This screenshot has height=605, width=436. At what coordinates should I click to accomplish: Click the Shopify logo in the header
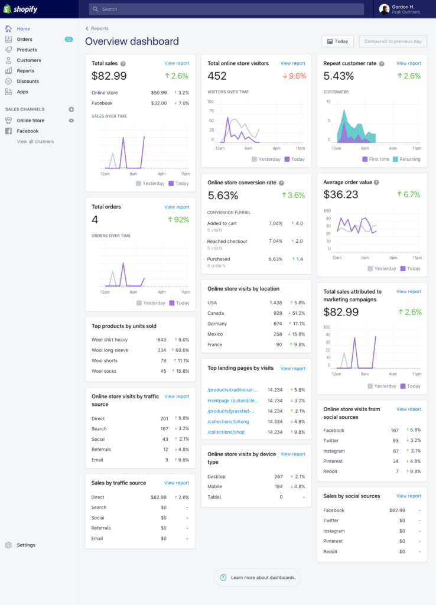(x=21, y=9)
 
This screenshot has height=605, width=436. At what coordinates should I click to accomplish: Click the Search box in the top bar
(x=226, y=9)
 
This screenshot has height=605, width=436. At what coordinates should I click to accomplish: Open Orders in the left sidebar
(x=24, y=40)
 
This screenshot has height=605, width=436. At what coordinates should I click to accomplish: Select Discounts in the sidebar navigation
(x=28, y=82)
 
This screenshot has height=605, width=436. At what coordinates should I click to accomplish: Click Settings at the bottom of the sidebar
(x=26, y=545)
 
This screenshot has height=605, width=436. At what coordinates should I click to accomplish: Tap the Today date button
(x=337, y=41)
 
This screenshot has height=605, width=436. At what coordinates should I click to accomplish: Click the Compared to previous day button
(x=392, y=41)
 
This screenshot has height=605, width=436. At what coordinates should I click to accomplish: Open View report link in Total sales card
(x=177, y=63)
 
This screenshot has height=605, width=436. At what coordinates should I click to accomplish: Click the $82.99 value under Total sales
(x=109, y=76)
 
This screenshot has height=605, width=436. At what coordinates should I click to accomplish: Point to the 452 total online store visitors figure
(x=217, y=76)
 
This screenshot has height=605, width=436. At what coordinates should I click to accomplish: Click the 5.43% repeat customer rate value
(x=339, y=76)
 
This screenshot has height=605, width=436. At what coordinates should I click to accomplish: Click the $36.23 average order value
(x=341, y=195)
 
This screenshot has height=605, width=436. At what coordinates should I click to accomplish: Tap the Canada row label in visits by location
(x=216, y=313)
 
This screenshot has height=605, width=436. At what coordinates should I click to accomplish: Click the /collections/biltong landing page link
(x=228, y=422)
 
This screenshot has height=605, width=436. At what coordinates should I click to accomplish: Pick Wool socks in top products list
(x=104, y=372)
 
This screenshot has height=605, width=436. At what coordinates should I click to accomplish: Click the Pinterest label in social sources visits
(x=333, y=461)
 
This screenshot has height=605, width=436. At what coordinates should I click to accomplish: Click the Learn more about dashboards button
(x=258, y=577)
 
